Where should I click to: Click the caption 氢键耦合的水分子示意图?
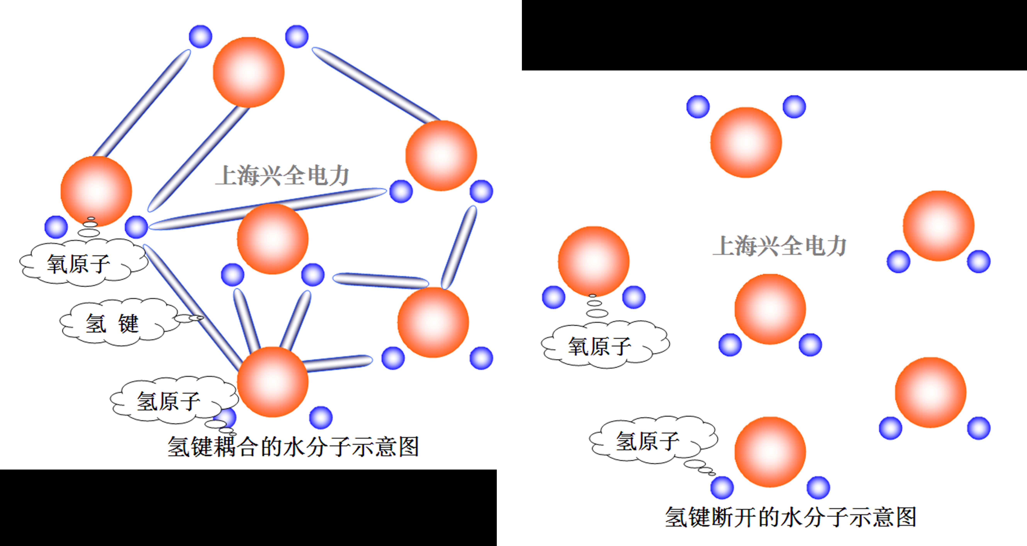[293, 446]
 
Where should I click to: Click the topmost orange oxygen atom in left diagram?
[248, 72]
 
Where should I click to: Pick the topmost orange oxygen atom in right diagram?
[746, 142]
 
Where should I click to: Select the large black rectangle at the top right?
[774, 35]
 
